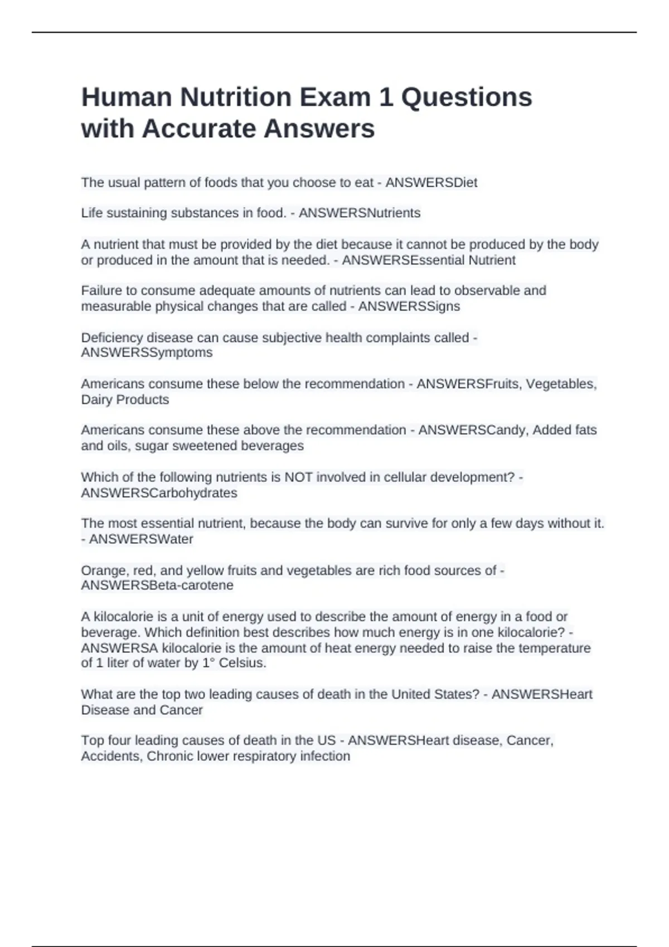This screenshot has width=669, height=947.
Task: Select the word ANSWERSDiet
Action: tap(431, 183)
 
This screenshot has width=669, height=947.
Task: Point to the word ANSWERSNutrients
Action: tap(360, 213)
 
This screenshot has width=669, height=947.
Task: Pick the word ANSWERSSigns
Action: tap(409, 306)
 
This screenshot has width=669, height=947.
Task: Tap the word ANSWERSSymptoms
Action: tap(147, 353)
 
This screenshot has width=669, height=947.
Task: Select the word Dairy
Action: tap(96, 399)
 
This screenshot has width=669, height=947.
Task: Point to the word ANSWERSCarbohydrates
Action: tap(159, 493)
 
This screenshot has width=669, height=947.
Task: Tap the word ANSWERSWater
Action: tap(141, 539)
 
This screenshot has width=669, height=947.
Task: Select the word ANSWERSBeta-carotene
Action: tap(157, 585)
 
